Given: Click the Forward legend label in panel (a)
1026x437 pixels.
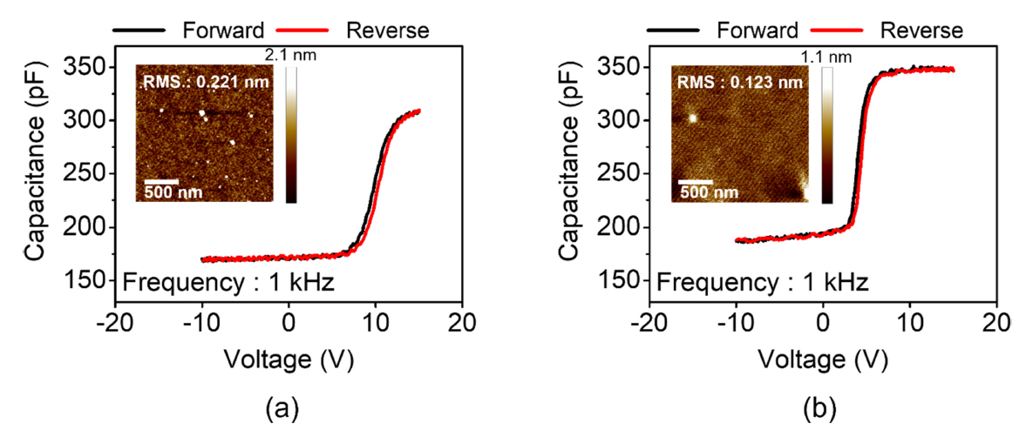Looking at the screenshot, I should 223,30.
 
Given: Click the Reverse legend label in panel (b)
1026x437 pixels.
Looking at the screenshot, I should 921,30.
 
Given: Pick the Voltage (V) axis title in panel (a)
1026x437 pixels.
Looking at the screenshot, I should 289,358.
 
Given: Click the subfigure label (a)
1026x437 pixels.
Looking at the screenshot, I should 289,407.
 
